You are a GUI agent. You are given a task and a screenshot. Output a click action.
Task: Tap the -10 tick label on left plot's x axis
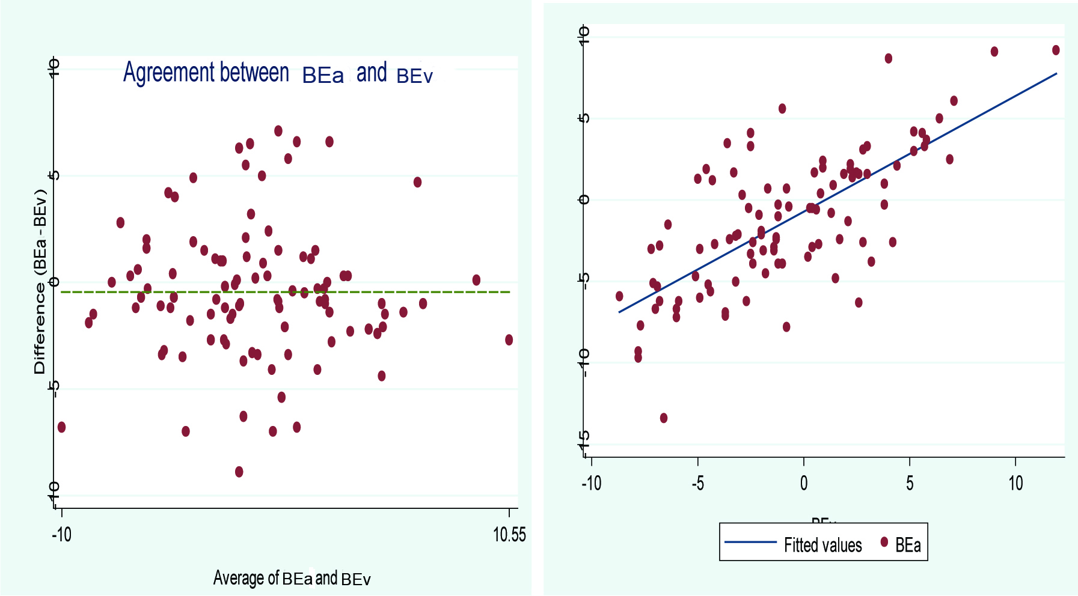pyautogui.click(x=61, y=534)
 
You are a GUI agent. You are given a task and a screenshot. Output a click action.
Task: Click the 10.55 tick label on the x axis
pyautogui.click(x=509, y=534)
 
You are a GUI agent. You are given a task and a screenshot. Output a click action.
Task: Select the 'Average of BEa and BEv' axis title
pyautogui.click(x=292, y=578)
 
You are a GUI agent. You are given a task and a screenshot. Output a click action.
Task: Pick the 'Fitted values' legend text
pyautogui.click(x=822, y=545)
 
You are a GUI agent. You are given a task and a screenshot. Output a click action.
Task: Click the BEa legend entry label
pyautogui.click(x=908, y=545)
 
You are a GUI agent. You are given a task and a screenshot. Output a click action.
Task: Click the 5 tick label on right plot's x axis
pyautogui.click(x=910, y=483)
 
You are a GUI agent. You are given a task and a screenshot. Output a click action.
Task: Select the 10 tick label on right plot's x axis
pyautogui.click(x=1015, y=483)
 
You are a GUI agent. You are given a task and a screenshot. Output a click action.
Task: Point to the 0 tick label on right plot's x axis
pyautogui.click(x=804, y=483)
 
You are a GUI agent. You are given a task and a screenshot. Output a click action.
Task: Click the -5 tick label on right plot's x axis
pyautogui.click(x=697, y=483)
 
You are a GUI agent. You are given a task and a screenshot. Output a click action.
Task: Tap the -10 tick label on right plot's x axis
pyautogui.click(x=591, y=483)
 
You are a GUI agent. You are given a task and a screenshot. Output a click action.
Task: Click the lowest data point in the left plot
pyautogui.click(x=239, y=472)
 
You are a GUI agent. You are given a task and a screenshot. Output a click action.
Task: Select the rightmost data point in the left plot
pyautogui.click(x=509, y=340)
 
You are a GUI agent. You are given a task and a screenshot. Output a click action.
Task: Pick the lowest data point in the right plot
pyautogui.click(x=664, y=418)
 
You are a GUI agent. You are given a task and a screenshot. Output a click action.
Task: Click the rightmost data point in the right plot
pyautogui.click(x=1056, y=50)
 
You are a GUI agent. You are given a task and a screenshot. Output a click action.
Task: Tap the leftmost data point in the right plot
pyautogui.click(x=619, y=296)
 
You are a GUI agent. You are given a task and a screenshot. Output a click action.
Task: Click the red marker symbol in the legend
pyautogui.click(x=884, y=542)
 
